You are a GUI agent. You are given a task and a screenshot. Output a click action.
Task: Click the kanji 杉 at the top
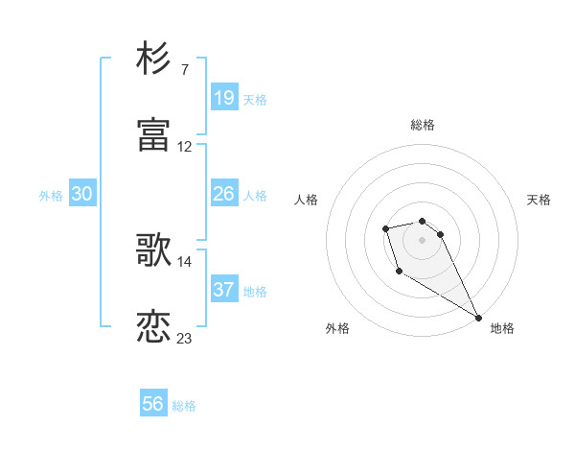(x=154, y=59)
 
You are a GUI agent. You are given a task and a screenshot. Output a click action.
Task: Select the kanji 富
(x=154, y=135)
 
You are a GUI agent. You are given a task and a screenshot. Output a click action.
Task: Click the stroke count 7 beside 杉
(x=184, y=70)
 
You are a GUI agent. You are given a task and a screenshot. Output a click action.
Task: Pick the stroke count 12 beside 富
(x=185, y=147)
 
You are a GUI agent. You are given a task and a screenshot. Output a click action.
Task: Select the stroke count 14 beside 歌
(x=185, y=262)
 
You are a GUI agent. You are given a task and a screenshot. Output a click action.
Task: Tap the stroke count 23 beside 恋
(x=185, y=339)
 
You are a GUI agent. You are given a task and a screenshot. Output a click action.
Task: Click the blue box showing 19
(x=224, y=97)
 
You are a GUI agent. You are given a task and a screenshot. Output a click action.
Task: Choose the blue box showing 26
(x=224, y=194)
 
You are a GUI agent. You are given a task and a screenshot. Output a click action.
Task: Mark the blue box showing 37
(x=224, y=290)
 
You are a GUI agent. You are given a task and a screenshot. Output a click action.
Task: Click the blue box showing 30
(x=82, y=194)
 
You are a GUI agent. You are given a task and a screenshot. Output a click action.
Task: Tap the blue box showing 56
(x=153, y=404)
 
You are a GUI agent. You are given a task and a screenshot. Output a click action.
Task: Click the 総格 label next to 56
(x=184, y=406)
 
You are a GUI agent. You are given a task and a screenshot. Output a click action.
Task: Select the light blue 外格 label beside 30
(x=51, y=196)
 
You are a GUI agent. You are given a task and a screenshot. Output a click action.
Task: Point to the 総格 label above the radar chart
(x=422, y=125)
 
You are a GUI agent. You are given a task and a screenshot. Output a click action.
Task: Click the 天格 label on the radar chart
(x=539, y=200)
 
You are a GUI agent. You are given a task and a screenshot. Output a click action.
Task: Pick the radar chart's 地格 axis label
(x=502, y=328)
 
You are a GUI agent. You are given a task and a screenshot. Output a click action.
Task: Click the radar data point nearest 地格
(x=478, y=317)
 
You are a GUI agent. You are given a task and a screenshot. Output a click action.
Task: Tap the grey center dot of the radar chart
(x=422, y=239)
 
